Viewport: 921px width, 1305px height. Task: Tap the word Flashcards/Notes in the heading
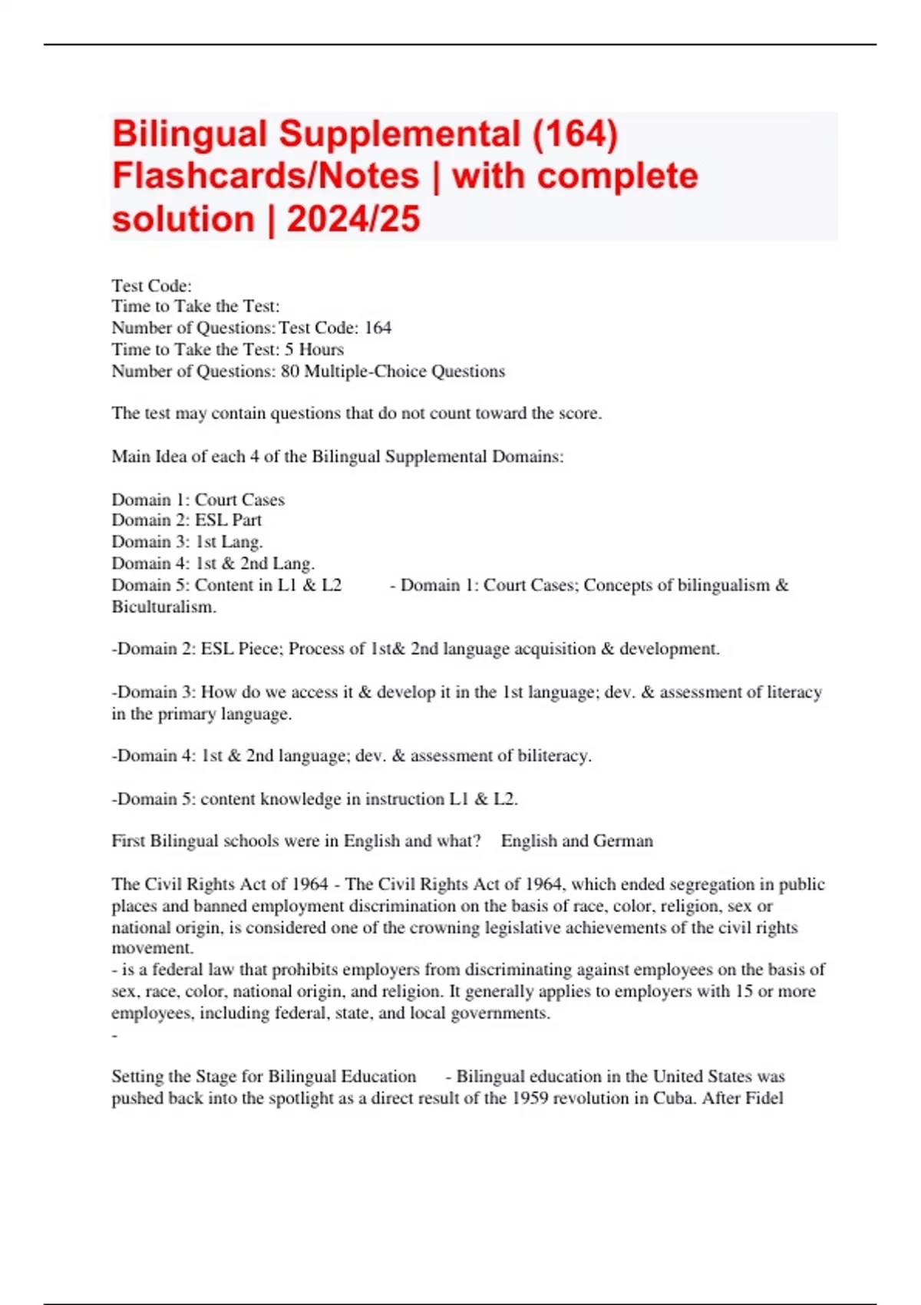click(266, 177)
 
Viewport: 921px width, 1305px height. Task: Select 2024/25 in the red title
click(353, 220)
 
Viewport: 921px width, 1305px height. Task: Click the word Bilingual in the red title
click(190, 134)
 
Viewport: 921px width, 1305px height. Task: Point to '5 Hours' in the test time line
click(314, 350)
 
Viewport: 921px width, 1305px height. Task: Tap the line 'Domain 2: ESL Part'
click(187, 520)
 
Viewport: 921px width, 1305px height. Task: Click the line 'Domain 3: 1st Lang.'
click(187, 542)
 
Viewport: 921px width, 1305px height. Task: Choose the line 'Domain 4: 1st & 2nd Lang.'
click(213, 563)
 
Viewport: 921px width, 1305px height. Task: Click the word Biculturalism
click(163, 607)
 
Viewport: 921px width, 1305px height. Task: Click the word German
click(623, 841)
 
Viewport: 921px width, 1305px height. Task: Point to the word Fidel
click(763, 1099)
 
